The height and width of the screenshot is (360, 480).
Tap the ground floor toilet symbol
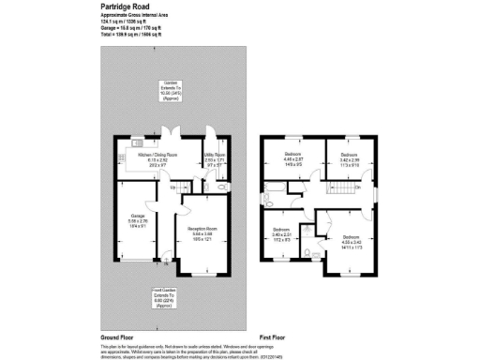(x=220, y=188)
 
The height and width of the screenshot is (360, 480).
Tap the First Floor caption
(x=275, y=337)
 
